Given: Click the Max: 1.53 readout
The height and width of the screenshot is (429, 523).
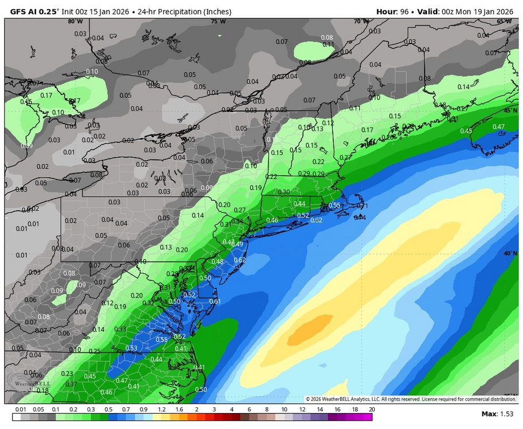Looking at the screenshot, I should coord(497,414).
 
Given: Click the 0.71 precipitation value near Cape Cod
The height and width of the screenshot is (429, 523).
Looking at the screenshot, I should coord(362,206).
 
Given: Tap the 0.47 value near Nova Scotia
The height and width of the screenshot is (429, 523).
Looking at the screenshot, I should coord(498,127).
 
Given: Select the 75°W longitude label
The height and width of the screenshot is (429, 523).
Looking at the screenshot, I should coord(218,22).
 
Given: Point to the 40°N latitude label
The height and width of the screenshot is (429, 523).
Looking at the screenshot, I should coord(509,253).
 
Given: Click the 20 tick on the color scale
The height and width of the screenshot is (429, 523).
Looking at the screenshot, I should coord(372,410).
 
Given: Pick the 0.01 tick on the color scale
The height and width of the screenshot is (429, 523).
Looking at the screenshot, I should coord(21,410).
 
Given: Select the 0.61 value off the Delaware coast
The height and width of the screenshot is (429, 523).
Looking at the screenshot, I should coord(215,301).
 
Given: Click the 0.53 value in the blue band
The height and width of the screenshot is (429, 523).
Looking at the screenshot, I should coord(131,348).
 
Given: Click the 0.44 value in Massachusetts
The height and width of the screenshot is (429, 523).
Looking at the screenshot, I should coord(299,204).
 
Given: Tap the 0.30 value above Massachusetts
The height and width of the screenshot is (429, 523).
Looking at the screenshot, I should coord(284,192).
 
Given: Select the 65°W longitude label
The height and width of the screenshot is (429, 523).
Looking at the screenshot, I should coord(504,22).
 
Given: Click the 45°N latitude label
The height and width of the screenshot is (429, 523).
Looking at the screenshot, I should coord(509,110).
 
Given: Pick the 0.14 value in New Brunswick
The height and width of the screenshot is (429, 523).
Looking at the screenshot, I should coord(463,87).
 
